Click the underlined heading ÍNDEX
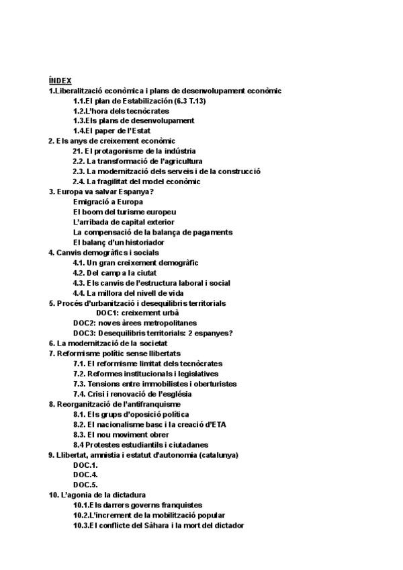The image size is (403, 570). click(x=60, y=80)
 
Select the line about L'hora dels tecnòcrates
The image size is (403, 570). click(x=121, y=111)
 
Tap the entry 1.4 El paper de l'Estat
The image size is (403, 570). click(x=111, y=131)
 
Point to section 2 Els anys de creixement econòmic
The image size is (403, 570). click(x=111, y=141)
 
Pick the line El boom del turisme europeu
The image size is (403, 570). click(x=120, y=212)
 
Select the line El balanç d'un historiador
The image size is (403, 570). click(x=118, y=242)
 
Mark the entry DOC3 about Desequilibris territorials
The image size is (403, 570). click(x=153, y=333)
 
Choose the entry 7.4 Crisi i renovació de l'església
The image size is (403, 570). click(x=142, y=394)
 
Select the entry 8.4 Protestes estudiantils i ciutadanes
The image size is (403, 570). click(x=140, y=444)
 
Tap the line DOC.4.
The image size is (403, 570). click(x=85, y=475)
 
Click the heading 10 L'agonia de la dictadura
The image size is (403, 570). click(x=97, y=495)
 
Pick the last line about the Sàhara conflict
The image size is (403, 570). click(x=159, y=525)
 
